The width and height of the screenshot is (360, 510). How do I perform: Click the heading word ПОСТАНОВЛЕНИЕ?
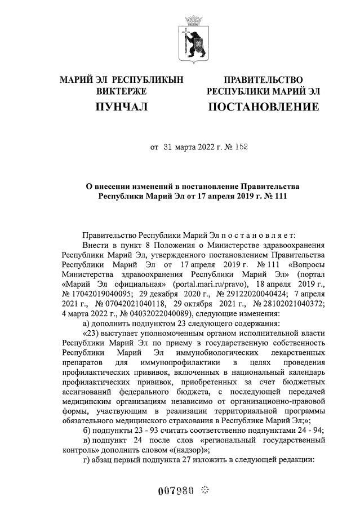click(264, 107)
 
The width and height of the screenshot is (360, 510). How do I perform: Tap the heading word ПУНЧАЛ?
click(122, 107)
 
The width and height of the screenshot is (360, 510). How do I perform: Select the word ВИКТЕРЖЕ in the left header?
click(122, 91)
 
